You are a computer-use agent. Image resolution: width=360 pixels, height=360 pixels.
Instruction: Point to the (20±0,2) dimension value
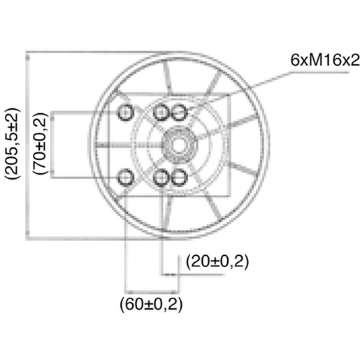tap(217, 261)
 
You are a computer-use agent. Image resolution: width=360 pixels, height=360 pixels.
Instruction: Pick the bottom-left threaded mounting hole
tap(127, 176)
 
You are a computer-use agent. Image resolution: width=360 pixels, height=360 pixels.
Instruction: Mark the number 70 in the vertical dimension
tap(43, 162)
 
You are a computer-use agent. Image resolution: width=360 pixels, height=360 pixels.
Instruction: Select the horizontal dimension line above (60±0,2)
tap(150, 291)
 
